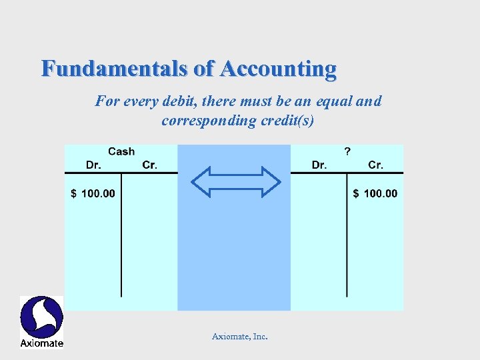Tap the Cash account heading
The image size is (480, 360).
coord(121,152)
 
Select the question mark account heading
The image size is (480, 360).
coord(347,152)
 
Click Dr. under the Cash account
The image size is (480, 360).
coord(94,165)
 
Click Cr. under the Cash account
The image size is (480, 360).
coord(150,165)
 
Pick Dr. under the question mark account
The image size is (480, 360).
coord(319,165)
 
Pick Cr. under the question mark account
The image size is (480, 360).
coord(376,165)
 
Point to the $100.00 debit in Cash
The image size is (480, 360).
coord(93,193)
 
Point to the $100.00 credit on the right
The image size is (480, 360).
coord(375,193)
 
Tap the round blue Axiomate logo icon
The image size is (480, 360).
coord(41,317)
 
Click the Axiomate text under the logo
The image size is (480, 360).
coord(41,343)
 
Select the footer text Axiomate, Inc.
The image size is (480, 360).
coord(240,337)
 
